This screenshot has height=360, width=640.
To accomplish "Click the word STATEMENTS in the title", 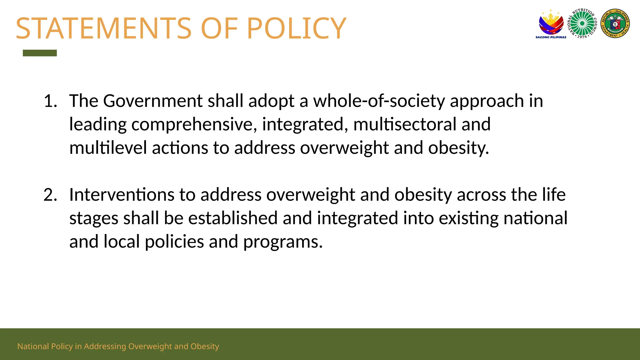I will [x=103, y=28].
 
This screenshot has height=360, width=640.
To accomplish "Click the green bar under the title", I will [x=40, y=53].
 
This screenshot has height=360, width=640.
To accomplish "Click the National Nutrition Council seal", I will [x=582, y=24].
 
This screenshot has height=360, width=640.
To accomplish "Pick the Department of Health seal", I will [x=615, y=23].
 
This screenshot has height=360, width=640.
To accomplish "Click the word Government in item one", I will [x=153, y=101].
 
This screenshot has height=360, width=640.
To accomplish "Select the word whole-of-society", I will [x=379, y=101].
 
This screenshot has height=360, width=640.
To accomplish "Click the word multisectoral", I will [x=405, y=124].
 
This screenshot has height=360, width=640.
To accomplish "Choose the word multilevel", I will [x=108, y=147].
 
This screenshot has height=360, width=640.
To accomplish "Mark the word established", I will [x=233, y=218].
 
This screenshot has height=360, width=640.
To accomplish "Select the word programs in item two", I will [x=283, y=242].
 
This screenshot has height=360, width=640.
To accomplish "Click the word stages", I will [x=93, y=219].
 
